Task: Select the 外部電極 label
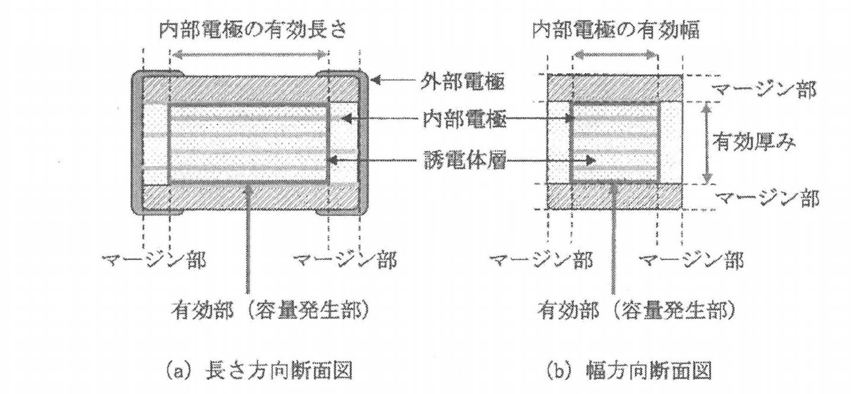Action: click(x=455, y=81)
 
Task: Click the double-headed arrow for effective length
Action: click(x=249, y=56)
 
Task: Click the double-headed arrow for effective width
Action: click(x=615, y=56)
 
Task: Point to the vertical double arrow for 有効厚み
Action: click(x=708, y=144)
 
